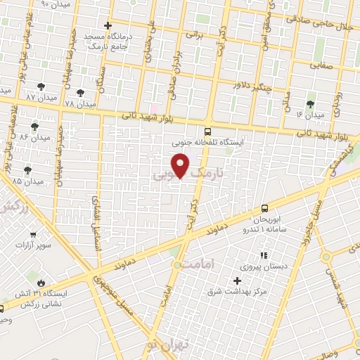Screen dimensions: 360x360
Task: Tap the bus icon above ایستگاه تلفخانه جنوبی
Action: [207, 131]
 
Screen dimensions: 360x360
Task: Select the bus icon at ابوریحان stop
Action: [264, 208]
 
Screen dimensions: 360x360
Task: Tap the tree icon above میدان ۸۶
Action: [34, 126]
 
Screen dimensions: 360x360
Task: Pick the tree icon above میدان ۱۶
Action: [310, 103]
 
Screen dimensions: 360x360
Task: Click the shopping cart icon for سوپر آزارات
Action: [32, 235]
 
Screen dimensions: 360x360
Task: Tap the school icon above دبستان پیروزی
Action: [264, 255]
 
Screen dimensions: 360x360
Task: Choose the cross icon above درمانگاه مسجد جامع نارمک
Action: [107, 25]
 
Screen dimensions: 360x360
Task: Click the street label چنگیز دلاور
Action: [252, 86]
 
